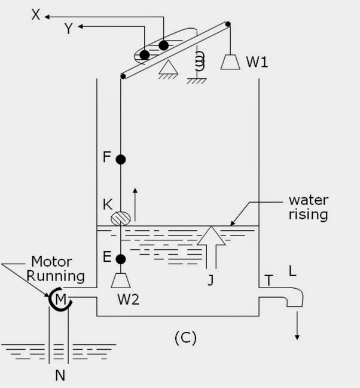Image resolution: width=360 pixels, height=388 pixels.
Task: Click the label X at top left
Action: click(x=35, y=14)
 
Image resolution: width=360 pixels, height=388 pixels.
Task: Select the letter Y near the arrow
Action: click(x=68, y=28)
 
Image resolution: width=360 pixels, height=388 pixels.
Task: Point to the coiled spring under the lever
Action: click(x=200, y=60)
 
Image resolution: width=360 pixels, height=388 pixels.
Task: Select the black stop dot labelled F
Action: click(x=120, y=159)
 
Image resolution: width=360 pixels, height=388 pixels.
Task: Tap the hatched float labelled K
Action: click(x=121, y=216)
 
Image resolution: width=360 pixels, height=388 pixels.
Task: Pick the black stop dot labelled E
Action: click(x=120, y=259)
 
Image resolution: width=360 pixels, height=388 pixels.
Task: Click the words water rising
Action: click(x=308, y=207)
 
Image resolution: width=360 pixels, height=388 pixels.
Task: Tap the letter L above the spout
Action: click(x=292, y=271)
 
